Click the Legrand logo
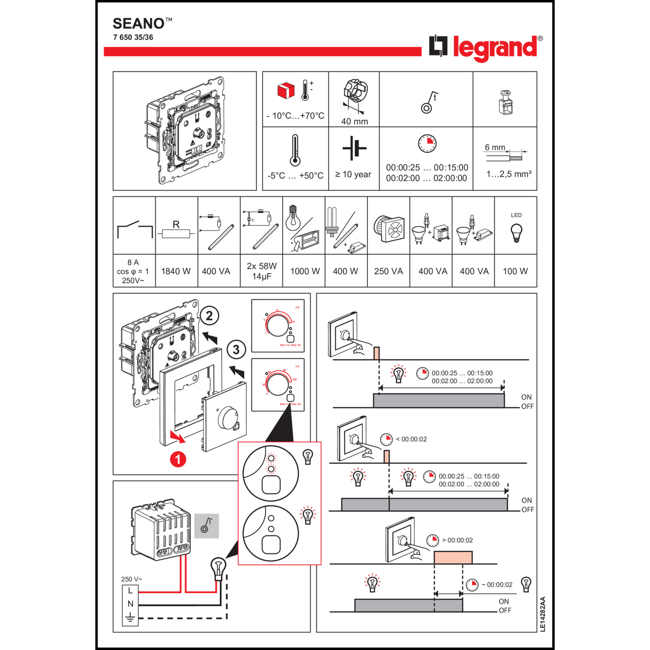coord(485,47)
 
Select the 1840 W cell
coord(176,271)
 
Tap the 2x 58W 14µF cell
coord(262,271)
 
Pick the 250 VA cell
coord(388,271)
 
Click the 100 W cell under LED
coord(515,271)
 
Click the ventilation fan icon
coord(389,228)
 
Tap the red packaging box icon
coord(286,91)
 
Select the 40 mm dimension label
coord(354,121)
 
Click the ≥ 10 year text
coord(353,174)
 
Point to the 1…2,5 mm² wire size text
coord(509,174)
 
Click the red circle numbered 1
coord(178,459)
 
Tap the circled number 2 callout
coord(209,315)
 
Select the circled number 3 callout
coord(236,349)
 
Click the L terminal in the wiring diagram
coord(130,591)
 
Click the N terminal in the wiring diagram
coord(130,604)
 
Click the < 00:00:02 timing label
coord(411,439)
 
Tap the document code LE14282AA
coord(543,614)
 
